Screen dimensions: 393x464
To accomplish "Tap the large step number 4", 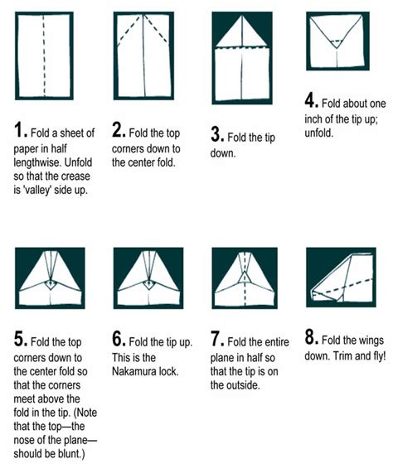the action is point(310,100).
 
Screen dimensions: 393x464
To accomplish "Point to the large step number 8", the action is point(310,337).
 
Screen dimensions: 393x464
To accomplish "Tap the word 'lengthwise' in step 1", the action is point(37,162).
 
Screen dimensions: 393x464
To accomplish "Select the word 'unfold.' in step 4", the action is point(319,133).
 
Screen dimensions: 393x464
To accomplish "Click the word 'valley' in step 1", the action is point(37,190).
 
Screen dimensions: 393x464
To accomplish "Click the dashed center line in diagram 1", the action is point(44,55).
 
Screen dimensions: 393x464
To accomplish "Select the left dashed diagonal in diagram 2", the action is point(129,31).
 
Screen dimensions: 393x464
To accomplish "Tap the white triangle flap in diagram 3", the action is point(242,31).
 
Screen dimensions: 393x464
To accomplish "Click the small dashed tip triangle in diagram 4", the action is point(337,44).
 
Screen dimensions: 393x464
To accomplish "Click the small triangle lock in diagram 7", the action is point(245,278).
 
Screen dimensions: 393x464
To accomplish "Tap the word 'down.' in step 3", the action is point(223,153).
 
